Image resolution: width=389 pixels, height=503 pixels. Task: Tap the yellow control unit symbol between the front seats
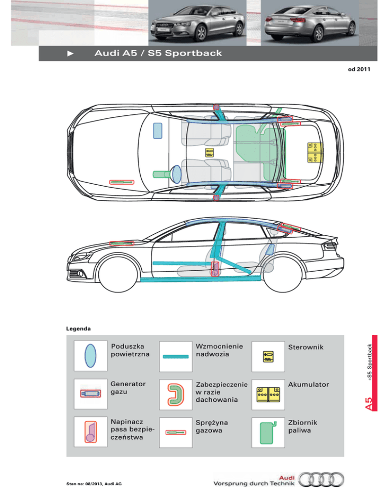pos(209,152)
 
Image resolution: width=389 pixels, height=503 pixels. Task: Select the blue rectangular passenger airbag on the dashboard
pos(158,131)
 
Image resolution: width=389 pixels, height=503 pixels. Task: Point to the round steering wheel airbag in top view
pos(176,174)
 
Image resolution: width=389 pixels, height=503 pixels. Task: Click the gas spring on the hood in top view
pos(122,182)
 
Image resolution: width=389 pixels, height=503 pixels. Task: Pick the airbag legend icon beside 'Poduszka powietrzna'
pos(90,356)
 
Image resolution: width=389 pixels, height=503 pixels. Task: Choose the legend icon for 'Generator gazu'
pos(91,394)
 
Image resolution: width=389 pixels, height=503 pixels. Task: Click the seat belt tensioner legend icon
pos(91,432)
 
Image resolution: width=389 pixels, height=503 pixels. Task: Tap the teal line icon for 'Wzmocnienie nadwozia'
pos(176,356)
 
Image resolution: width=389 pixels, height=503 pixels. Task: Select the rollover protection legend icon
pos(176,394)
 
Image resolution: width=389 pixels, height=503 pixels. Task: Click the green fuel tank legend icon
pos(268,432)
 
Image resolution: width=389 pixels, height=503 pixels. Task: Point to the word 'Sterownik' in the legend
pos(305,347)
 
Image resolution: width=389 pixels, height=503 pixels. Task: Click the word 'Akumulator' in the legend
pos(308,384)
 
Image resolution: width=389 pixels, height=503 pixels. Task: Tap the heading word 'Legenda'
pos(79,328)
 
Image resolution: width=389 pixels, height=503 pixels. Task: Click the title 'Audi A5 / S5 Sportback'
pos(158,53)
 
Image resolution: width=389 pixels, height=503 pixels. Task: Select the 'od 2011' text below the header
pos(359,69)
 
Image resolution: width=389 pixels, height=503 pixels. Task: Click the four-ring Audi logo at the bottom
pos(321,480)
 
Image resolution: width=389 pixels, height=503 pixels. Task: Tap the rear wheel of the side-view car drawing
pos(282,273)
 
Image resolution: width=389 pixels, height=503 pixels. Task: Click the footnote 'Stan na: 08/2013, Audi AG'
pos(94,484)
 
